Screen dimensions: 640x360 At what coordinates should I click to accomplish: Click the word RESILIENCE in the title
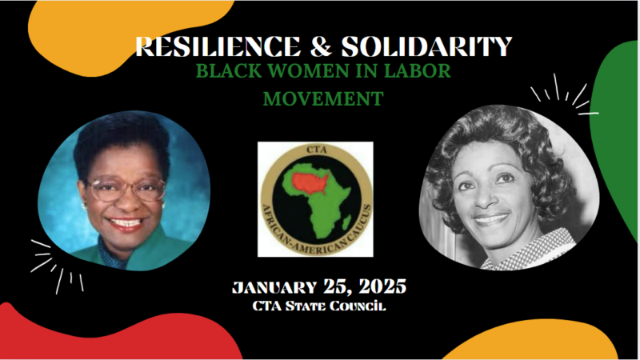click(218, 46)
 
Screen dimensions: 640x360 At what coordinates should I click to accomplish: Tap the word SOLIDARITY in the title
click(426, 46)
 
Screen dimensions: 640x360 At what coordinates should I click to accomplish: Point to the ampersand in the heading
click(321, 46)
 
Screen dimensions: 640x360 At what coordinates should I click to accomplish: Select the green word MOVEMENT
click(323, 98)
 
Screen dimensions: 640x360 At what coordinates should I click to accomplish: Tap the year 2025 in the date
click(382, 286)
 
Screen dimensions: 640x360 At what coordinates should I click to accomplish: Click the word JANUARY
click(274, 287)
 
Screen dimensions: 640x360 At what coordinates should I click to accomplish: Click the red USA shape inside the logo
click(310, 183)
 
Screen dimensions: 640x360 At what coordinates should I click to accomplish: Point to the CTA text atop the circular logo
click(316, 150)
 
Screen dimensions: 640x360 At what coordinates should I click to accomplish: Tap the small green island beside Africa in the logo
click(346, 222)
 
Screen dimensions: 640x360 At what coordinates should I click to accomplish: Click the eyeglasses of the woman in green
click(127, 190)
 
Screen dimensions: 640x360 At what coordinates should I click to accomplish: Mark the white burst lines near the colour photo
click(57, 266)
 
